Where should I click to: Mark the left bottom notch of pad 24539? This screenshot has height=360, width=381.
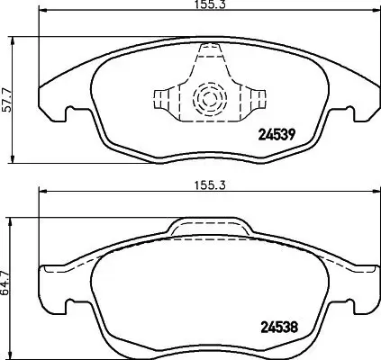[x=69, y=115]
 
